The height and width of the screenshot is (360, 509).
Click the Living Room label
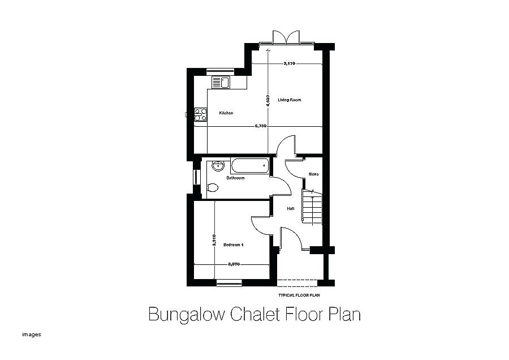click(x=289, y=100)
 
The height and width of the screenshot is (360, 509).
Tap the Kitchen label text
click(x=226, y=113)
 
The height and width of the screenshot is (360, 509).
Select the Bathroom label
click(x=235, y=178)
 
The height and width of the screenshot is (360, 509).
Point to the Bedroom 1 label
click(x=233, y=245)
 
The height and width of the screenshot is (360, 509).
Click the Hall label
click(x=290, y=208)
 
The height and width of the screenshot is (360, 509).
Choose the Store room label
click(x=313, y=174)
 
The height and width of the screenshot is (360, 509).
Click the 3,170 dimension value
click(x=289, y=64)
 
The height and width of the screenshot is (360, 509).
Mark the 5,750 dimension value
click(x=260, y=126)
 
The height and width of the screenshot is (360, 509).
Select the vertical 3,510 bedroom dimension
click(x=214, y=241)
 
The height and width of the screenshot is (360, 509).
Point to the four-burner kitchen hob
click(x=200, y=115)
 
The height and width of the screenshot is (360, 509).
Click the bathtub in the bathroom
click(x=249, y=166)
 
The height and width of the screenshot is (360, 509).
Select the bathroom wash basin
click(x=218, y=166)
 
